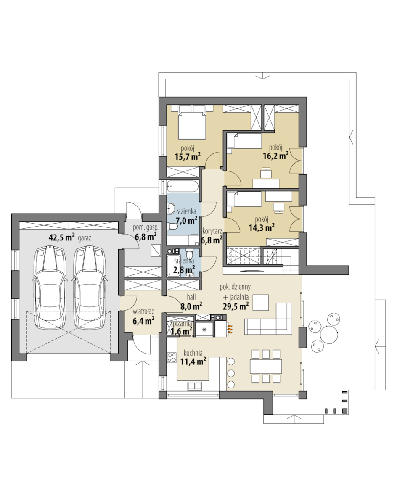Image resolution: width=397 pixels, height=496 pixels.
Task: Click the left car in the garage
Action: click(50, 288)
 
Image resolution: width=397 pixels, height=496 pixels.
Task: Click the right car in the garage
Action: click(89, 288)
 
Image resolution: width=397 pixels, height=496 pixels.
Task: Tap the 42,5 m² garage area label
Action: click(62, 237)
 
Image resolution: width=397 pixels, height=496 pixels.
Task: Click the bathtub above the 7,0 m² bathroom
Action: click(183, 186)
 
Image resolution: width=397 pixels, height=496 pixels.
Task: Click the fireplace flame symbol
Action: click(230, 329)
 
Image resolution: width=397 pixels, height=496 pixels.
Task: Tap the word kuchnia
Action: click(193, 353)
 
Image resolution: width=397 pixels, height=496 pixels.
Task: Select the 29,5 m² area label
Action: click(236, 306)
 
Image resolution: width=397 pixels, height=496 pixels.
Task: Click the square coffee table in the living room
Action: click(261, 302)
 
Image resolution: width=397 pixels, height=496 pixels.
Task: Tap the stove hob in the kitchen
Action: click(172, 357)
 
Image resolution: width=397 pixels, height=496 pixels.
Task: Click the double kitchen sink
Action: click(195, 385)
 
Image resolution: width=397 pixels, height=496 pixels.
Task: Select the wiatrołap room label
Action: click(143, 311)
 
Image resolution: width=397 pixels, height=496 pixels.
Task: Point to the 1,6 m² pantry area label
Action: click(181, 331)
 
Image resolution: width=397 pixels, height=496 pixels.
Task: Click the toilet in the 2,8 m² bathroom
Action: click(190, 253)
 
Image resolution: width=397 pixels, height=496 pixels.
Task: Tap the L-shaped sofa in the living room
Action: click(268, 319)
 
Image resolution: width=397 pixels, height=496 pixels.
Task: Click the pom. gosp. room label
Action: click(146, 227)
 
